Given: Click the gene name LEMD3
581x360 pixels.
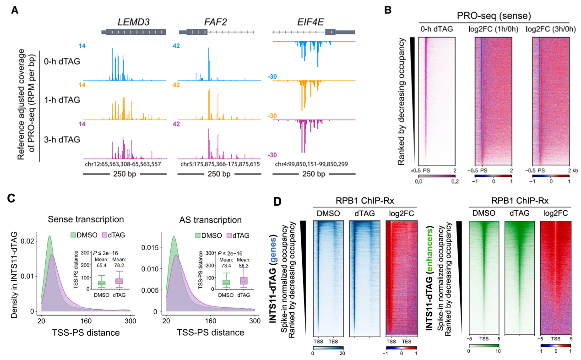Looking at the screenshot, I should (134, 22).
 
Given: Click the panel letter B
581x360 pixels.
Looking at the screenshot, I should (387, 9).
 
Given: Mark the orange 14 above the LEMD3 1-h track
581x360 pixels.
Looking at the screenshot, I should (81, 85).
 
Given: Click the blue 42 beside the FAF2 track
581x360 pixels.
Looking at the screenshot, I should (177, 46).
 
